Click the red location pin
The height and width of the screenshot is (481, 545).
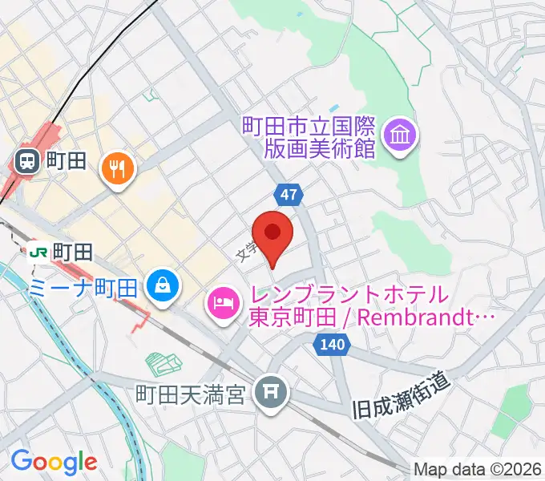tap(273, 233)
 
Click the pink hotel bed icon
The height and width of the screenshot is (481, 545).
tap(222, 302)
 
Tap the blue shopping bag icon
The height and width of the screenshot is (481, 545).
tap(163, 283)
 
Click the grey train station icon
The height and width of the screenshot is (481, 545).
tap(26, 161)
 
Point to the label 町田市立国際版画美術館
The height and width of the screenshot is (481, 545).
tap(308, 137)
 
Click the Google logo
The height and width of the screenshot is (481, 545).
tap(54, 461)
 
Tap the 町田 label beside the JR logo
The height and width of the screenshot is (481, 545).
tap(68, 253)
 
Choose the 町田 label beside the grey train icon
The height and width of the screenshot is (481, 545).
tap(65, 161)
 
